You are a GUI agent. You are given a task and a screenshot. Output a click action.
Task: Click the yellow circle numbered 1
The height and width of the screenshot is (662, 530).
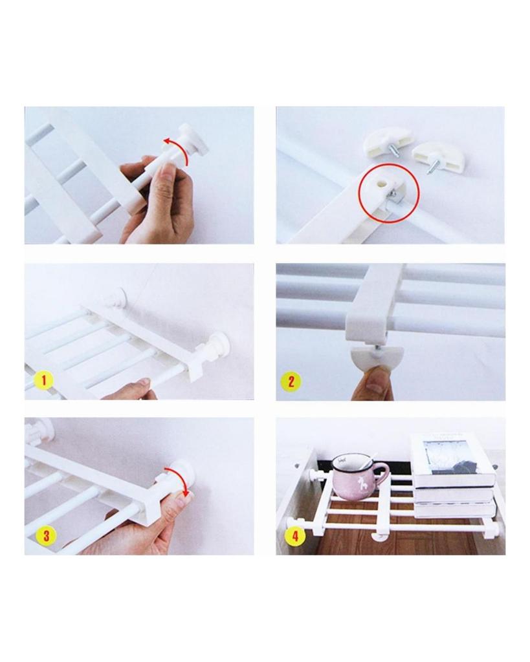[43, 380]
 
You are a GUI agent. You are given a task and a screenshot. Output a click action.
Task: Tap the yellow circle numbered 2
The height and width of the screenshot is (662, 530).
[291, 381]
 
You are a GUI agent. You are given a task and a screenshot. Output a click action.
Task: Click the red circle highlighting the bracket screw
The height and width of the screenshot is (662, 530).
[388, 192]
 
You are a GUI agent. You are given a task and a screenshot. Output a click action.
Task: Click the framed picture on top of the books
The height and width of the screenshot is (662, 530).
[451, 456]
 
